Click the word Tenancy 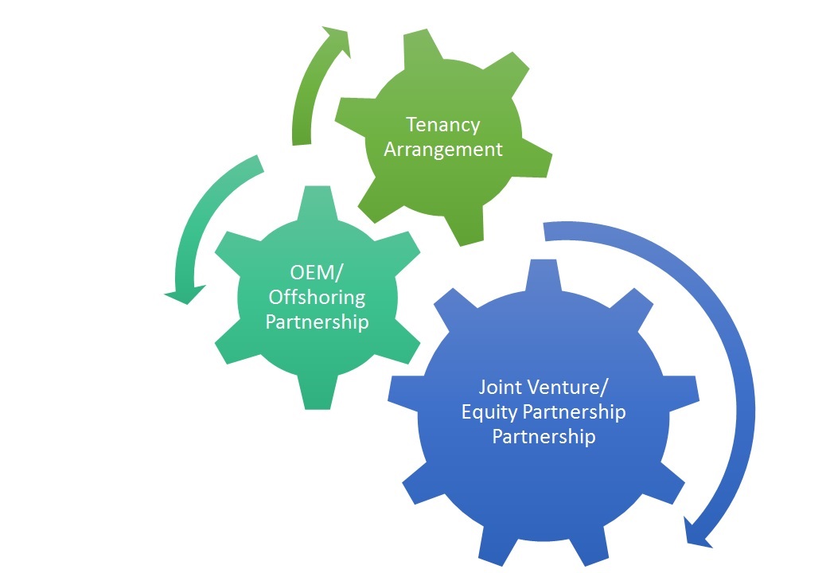(443, 126)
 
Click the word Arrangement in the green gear (443, 150)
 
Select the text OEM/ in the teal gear (317, 273)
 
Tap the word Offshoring (317, 297)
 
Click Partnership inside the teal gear (317, 322)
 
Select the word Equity (488, 412)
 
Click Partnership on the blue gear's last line (544, 436)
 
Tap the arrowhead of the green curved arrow (337, 41)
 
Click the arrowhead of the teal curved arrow (185, 294)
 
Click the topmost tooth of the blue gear (544, 275)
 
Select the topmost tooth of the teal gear (317, 202)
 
